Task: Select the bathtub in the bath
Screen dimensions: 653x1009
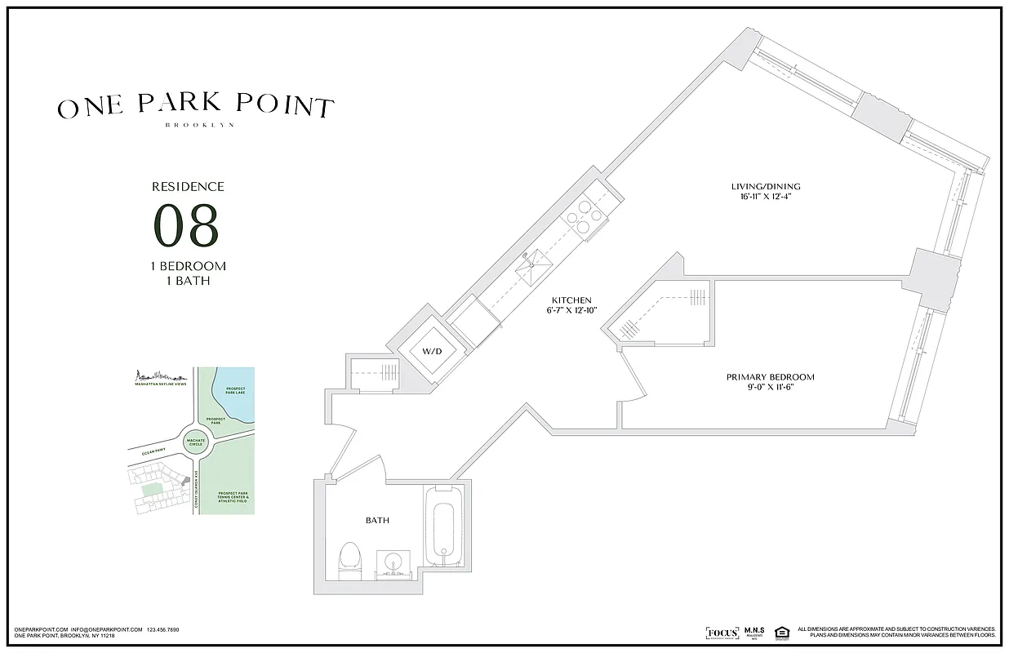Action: coord(444,531)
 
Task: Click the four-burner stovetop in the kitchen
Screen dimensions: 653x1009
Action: coord(584,216)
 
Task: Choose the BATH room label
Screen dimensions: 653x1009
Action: coord(377,520)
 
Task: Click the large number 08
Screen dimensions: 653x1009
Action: coord(188,226)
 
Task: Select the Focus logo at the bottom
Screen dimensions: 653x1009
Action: coord(722,633)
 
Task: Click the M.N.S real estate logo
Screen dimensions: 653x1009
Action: coord(753,633)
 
